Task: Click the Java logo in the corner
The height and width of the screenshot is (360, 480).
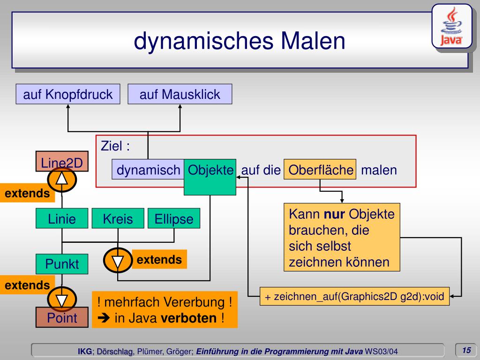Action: [451, 27]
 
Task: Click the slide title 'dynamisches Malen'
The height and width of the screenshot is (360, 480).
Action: [240, 41]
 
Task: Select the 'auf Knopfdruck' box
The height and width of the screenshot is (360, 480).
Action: [68, 94]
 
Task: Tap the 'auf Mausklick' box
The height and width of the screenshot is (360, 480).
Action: [180, 94]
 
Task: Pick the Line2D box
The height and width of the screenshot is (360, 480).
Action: [62, 163]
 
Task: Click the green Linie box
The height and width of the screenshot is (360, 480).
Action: [62, 218]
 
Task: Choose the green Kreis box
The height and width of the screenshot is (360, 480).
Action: [118, 218]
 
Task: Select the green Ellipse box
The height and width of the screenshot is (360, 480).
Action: [174, 218]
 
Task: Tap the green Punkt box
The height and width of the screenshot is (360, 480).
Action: [62, 264]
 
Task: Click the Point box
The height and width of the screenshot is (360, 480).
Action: [62, 318]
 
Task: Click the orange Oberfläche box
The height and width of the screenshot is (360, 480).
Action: [321, 170]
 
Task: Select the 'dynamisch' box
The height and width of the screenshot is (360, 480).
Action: [148, 170]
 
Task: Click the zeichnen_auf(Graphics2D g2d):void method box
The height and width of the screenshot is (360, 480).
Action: [355, 296]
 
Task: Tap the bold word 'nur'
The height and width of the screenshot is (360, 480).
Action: [335, 215]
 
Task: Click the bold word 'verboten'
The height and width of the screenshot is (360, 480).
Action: [188, 318]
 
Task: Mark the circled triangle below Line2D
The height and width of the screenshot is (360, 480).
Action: [62, 178]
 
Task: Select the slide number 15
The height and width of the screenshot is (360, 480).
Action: [466, 350]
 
